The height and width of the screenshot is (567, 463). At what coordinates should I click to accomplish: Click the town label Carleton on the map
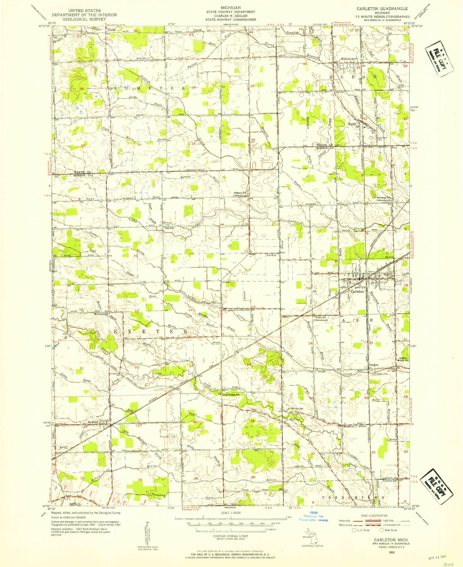(357, 292)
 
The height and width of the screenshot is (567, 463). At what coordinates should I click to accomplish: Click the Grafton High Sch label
(403, 359)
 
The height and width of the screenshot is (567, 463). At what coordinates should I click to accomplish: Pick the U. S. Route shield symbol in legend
(354, 530)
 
